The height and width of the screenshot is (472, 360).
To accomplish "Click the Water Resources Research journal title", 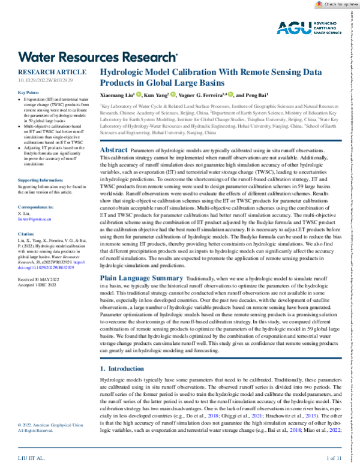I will pos(98,57).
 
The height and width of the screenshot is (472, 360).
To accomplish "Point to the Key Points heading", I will pos(29,92).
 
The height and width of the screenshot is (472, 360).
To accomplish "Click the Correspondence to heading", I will pos(37,206).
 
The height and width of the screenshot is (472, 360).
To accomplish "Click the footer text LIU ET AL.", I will pos(32,459).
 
